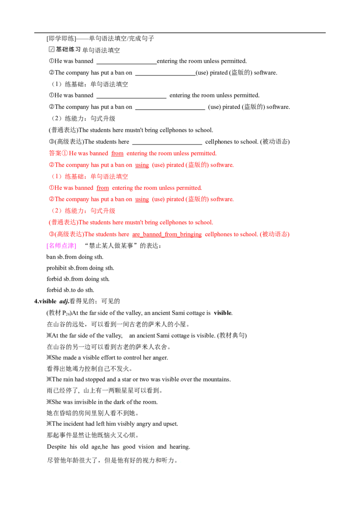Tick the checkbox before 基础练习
[51, 49]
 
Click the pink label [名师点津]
[61, 246]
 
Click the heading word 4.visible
[45, 301]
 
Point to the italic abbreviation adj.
[64, 302]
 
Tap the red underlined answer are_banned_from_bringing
[166, 234]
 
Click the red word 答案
[55, 153]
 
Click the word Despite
[57, 447]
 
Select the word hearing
[180, 447]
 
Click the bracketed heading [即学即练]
[61, 39]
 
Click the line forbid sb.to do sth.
[70, 290]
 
